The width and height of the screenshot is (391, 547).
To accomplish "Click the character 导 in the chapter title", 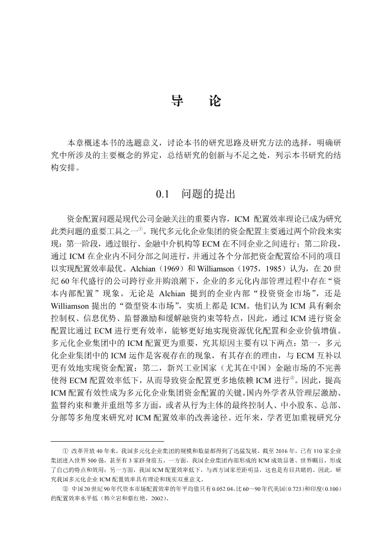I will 177,101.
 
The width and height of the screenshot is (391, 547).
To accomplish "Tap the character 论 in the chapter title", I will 215,101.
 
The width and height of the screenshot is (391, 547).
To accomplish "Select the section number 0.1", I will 163,193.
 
